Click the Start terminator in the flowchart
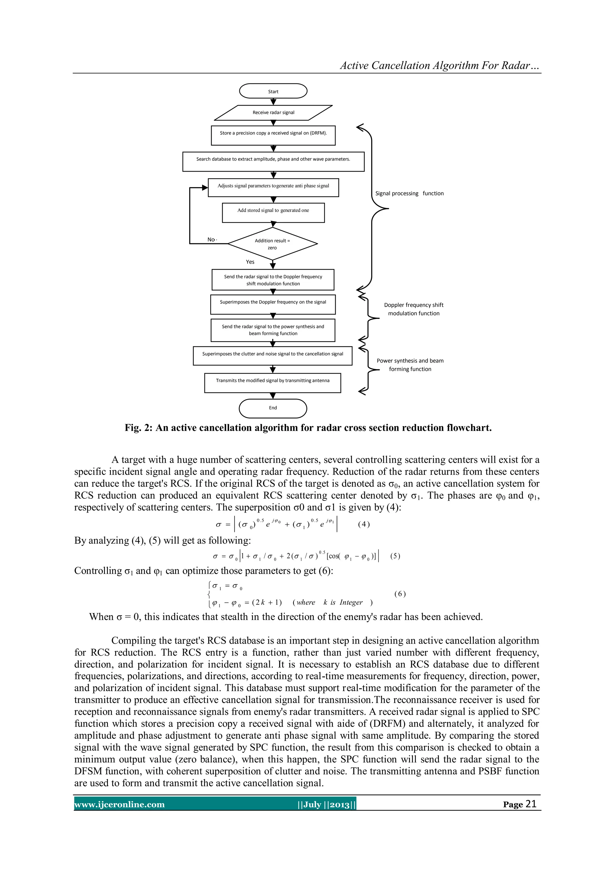pos(273,91)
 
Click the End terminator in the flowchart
pos(273,408)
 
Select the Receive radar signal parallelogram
pos(273,113)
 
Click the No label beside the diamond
pos(211,239)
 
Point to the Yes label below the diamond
pos(250,262)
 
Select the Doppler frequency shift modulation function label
pos(414,309)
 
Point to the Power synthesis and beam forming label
pos(410,365)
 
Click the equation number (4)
pos(364,524)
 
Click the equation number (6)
pos(400,594)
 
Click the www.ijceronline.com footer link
pos(120,804)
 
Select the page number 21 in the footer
pos(531,804)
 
